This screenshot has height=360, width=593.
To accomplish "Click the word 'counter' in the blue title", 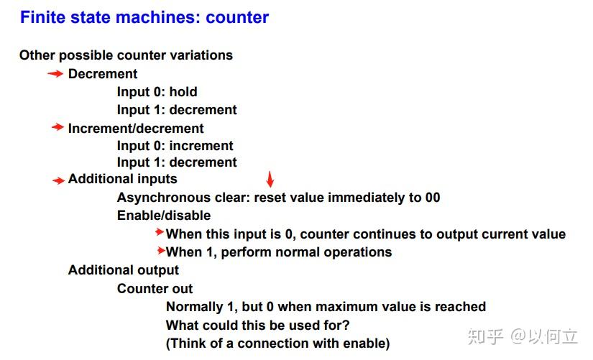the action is [x=237, y=17].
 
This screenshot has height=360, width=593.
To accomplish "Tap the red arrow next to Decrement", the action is [x=55, y=74].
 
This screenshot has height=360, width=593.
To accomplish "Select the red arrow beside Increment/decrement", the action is [x=58, y=127].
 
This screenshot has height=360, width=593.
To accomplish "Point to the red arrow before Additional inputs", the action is [x=59, y=181].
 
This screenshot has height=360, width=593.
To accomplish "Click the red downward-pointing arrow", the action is [x=270, y=179].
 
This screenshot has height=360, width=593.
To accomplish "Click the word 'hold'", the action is [x=183, y=92].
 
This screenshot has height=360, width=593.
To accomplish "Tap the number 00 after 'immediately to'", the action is [x=433, y=198].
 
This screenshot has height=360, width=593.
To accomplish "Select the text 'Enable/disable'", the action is [x=164, y=216].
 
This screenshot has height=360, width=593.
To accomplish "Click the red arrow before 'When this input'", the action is [x=160, y=232].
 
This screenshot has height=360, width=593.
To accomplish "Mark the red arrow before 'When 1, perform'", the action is [x=161, y=250].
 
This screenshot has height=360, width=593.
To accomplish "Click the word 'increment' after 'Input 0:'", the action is [x=201, y=146].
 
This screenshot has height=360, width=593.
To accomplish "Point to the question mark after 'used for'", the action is [x=346, y=325].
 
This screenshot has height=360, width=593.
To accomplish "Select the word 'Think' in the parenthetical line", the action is [x=187, y=343].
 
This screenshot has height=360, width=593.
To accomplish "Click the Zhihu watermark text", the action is [x=523, y=336].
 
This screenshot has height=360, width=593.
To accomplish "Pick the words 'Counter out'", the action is [x=155, y=289].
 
